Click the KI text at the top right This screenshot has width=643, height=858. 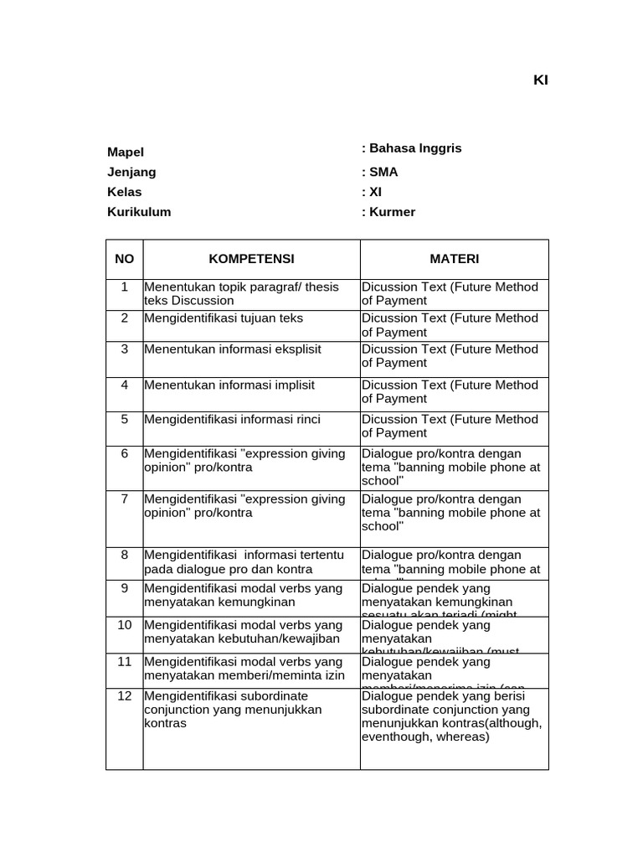540,80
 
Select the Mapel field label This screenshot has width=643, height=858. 126,152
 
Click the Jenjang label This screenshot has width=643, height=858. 131,172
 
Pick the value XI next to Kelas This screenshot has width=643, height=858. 374,192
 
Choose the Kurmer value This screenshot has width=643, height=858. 391,212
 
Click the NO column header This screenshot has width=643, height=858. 125,259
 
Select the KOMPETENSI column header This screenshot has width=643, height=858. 251,259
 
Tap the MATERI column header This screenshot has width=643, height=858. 455,259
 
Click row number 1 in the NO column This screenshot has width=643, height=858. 125,287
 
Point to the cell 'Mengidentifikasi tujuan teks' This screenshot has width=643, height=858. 224,318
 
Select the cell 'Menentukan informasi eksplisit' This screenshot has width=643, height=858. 233,349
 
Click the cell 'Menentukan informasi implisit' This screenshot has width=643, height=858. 229,385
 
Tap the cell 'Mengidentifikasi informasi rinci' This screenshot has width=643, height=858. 233,419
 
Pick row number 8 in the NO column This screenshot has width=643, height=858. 125,555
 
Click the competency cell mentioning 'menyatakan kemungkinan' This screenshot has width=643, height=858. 243,595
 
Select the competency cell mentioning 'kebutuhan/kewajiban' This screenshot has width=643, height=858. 243,632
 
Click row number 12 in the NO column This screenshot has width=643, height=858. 125,695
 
